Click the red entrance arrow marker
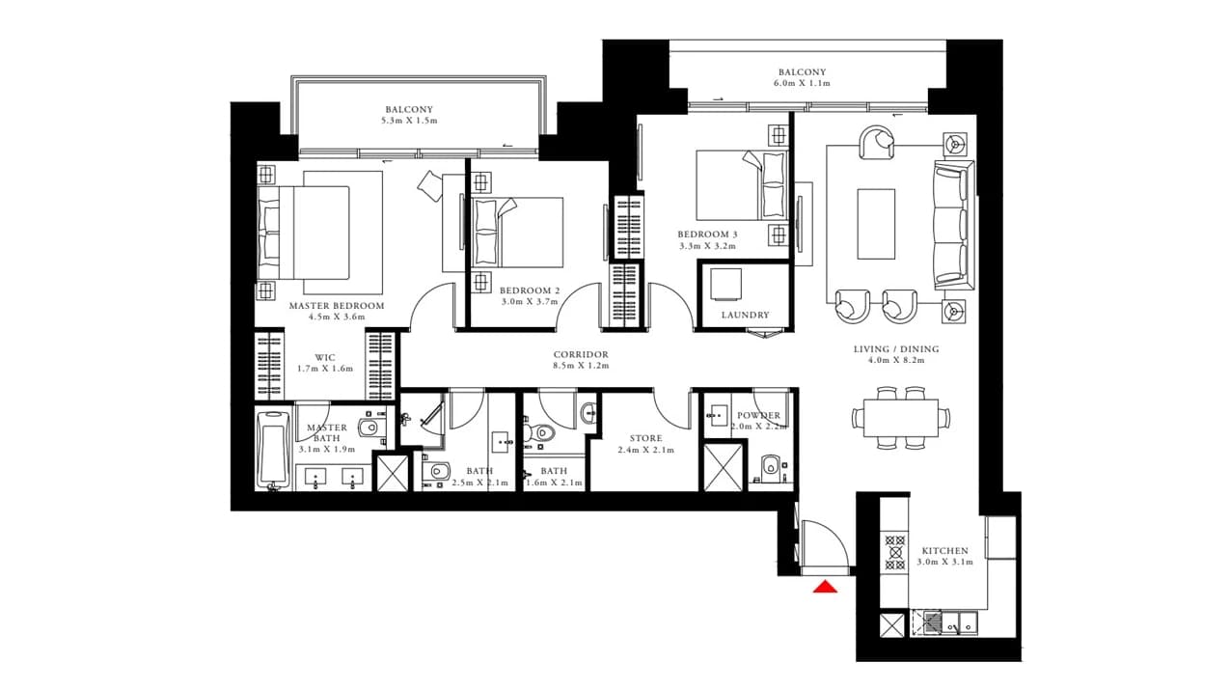[x=826, y=588]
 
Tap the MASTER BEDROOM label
[x=337, y=306]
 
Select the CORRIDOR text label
[x=581, y=355]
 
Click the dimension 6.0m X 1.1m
[x=802, y=84]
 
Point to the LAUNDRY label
[x=745, y=316]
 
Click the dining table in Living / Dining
[x=900, y=418]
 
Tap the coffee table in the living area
[x=876, y=224]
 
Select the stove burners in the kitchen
[x=895, y=552]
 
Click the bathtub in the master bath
[x=274, y=450]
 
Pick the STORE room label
[x=645, y=438]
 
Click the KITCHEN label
[x=944, y=551]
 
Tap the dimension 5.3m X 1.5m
[x=409, y=121]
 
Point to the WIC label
[x=325, y=358]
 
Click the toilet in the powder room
[x=771, y=466]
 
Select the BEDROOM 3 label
[x=707, y=235]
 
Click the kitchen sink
[x=959, y=623]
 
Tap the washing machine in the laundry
[x=724, y=284]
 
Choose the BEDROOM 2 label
[x=530, y=290]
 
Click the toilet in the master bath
[x=370, y=427]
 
